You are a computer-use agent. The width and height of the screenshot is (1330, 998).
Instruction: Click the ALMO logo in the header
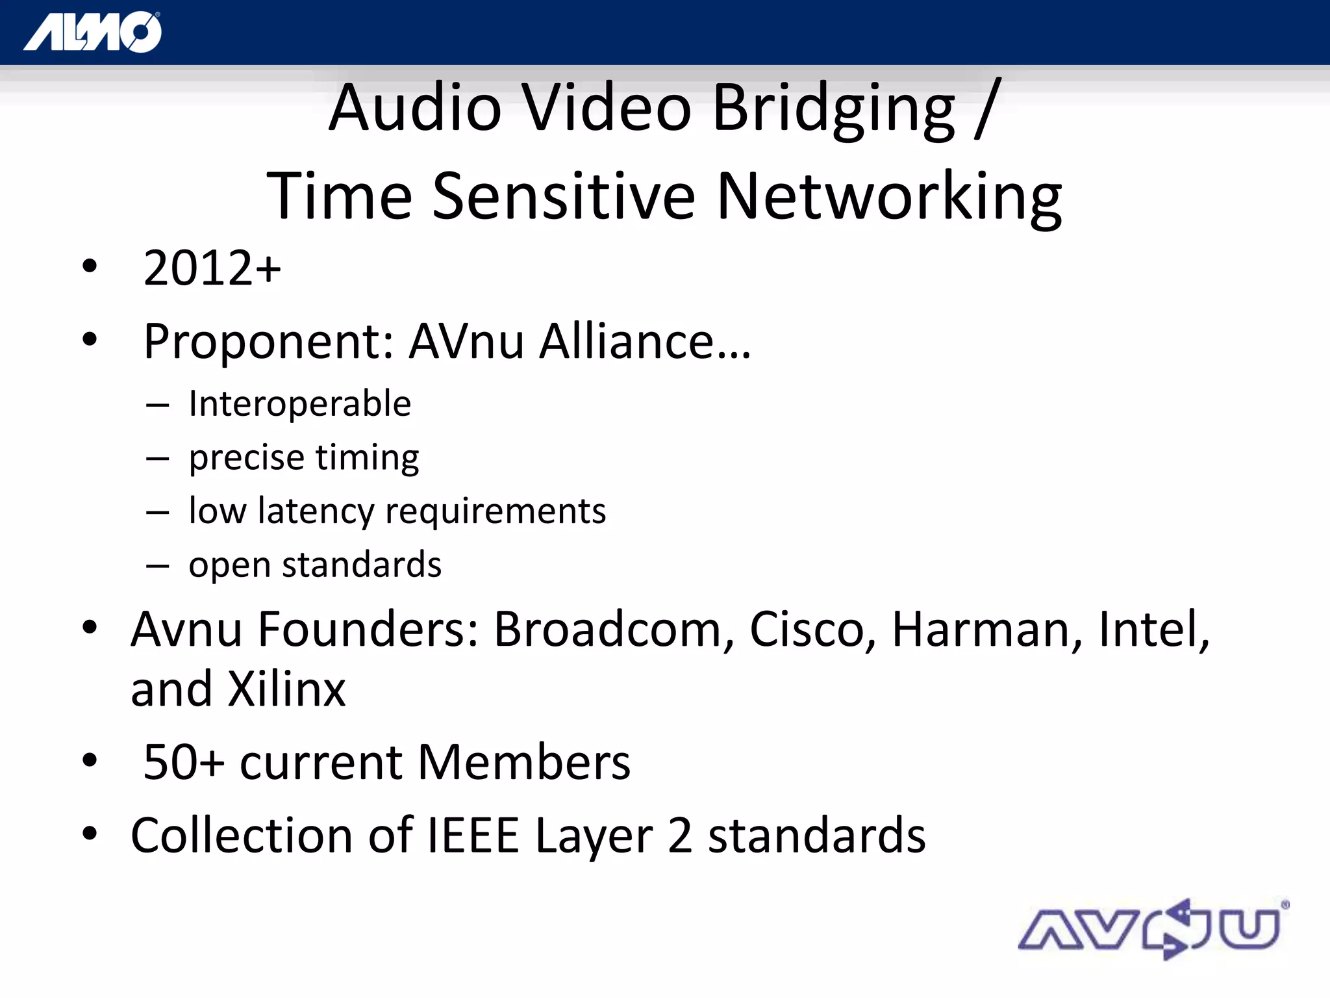93,32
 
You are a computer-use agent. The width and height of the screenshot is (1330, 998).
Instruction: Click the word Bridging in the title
834,109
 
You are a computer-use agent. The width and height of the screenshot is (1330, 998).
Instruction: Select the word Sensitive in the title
563,196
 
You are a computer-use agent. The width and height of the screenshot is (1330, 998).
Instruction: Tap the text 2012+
212,268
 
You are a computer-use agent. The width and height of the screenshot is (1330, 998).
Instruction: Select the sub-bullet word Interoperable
299,404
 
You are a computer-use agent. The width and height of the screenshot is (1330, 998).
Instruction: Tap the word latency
316,511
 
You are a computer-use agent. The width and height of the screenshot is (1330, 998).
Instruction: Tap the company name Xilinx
286,689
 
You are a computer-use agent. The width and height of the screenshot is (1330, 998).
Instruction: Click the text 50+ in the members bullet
184,762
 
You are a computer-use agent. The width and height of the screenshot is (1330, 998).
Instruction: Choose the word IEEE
473,836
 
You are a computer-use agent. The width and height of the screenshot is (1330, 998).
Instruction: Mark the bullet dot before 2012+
90,266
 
